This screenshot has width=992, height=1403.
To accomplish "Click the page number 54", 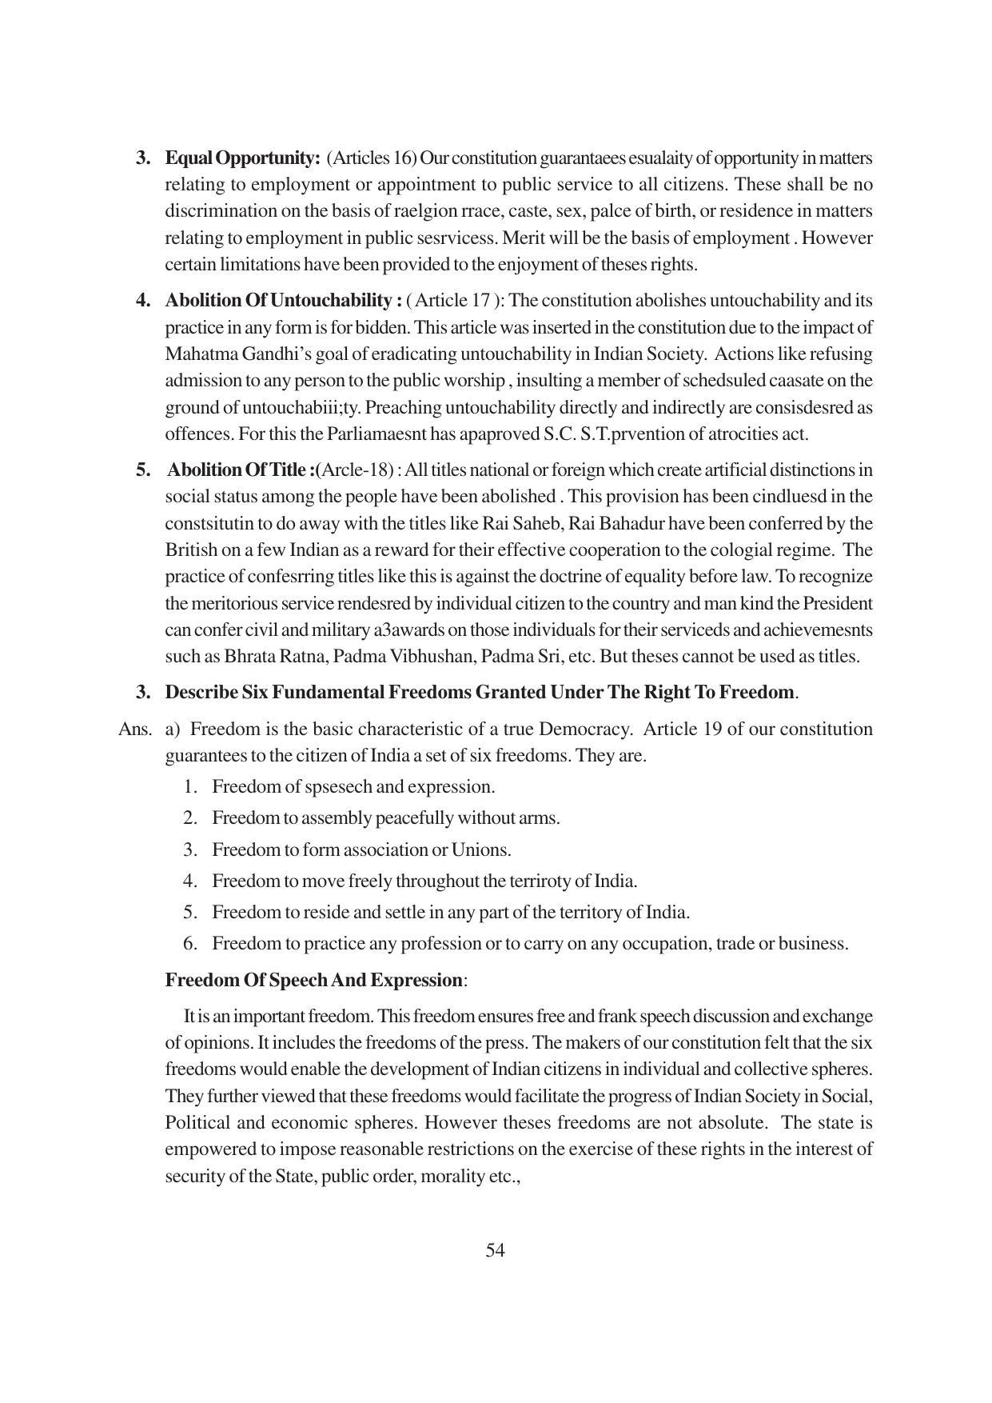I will [495, 1251].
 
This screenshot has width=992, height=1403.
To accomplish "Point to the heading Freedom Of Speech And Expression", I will [313, 980].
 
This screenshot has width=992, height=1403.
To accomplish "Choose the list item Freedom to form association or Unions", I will [361, 849].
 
